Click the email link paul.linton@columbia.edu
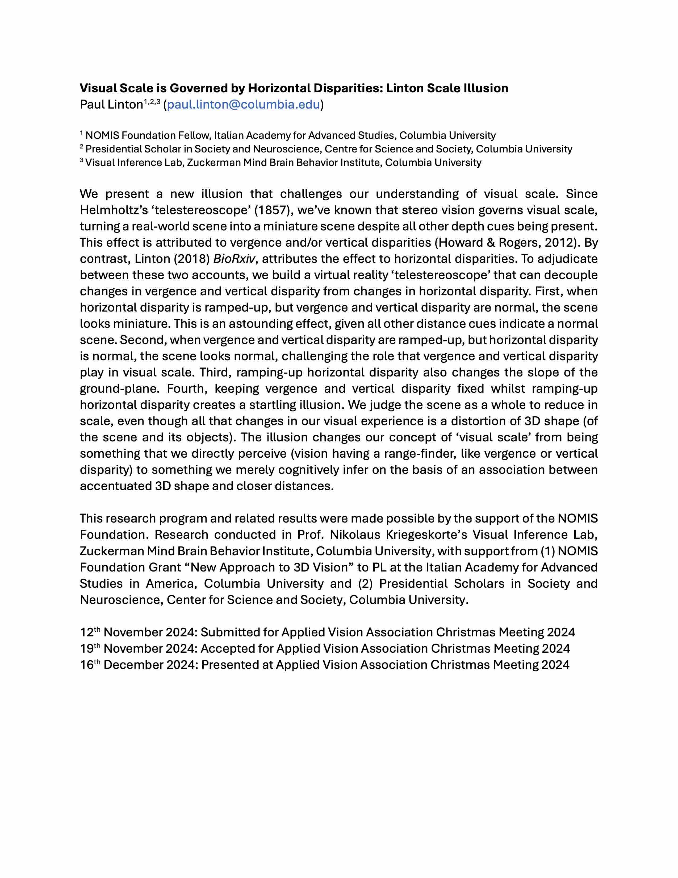tap(243, 105)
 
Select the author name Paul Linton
tap(111, 105)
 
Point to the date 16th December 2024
tap(138, 665)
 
